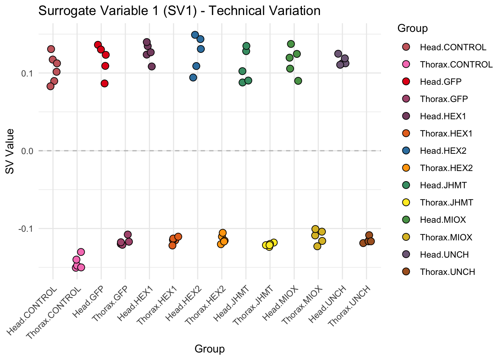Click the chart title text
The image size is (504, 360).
point(179,11)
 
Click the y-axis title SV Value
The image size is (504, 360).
point(10,151)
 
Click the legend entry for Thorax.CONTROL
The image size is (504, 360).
point(456,64)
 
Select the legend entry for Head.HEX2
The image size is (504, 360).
point(443,151)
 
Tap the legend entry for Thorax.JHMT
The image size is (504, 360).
point(446,202)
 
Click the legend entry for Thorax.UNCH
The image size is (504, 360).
point(447,272)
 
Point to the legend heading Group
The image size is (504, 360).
point(412,28)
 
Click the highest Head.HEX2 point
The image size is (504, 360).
point(195,35)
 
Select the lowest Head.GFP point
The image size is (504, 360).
point(105,83)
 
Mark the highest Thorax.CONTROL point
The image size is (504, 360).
point(81,252)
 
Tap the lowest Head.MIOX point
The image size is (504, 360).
point(298,81)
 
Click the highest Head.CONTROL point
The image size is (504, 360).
point(51,49)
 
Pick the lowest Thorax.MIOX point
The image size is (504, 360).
point(317,246)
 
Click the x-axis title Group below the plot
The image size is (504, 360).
point(210,349)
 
